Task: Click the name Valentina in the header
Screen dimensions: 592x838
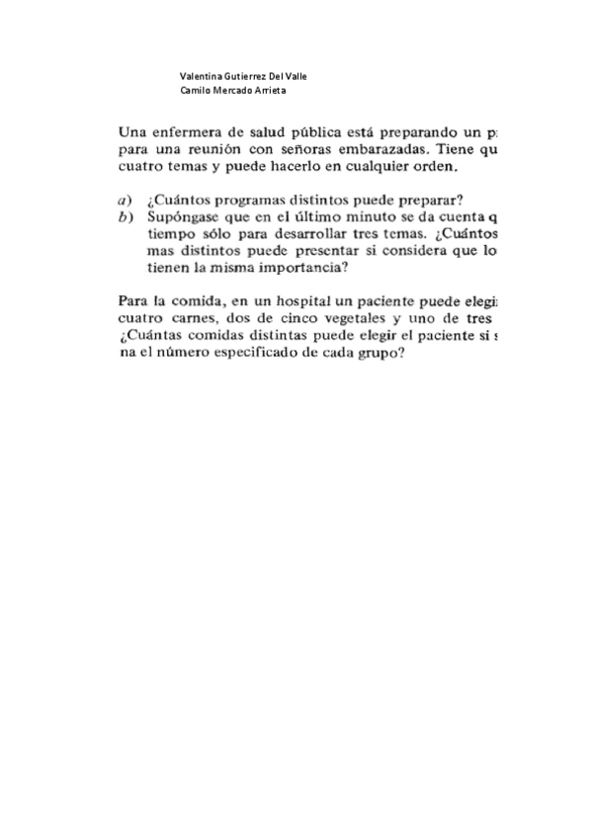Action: click(x=201, y=76)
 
